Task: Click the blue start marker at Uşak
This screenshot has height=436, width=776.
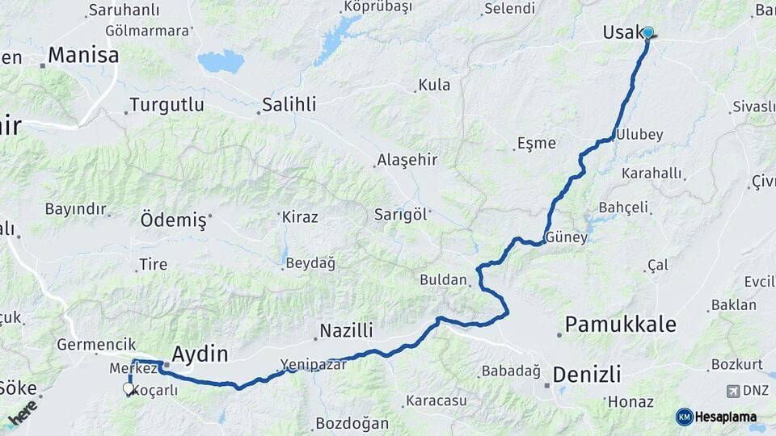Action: click(x=647, y=32)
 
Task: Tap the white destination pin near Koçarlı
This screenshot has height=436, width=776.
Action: click(x=128, y=389)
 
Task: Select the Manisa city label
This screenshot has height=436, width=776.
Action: click(x=83, y=56)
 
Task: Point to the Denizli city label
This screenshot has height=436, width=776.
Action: click(x=587, y=375)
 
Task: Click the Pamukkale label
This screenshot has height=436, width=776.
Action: click(x=620, y=325)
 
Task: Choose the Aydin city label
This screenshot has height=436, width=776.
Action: click(x=200, y=354)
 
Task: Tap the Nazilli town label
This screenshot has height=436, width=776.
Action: click(x=346, y=330)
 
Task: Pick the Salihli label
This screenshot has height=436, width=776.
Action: click(x=289, y=105)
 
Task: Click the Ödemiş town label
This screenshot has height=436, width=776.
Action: click(x=174, y=220)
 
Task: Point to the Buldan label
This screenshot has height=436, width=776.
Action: click(x=444, y=280)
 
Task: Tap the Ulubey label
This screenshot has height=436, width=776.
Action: click(x=639, y=135)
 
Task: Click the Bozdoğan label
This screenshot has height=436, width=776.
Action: click(x=352, y=423)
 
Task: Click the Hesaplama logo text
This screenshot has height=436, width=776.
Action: click(x=726, y=417)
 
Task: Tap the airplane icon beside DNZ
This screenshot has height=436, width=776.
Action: click(x=733, y=392)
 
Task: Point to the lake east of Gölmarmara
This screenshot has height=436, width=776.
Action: click(x=221, y=61)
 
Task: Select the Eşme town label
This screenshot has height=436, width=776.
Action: click(x=537, y=144)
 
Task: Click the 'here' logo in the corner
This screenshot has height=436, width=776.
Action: click(x=22, y=412)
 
